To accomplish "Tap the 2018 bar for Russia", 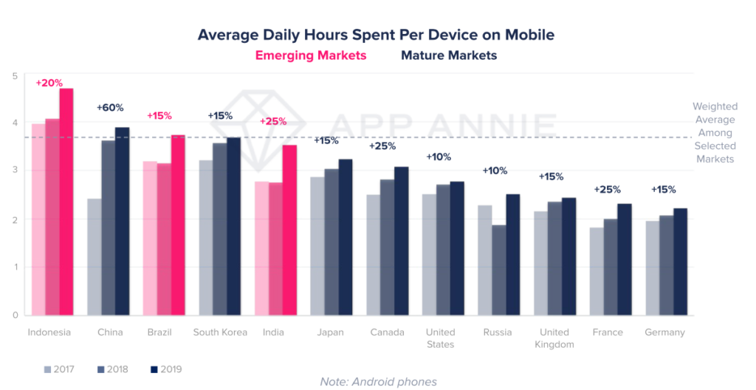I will [499, 270].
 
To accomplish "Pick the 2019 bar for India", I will [289, 230].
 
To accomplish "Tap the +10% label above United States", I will [439, 157].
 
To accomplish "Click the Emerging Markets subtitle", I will [311, 55].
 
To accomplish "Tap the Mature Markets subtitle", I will [448, 55].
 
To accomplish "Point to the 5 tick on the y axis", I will [15, 75].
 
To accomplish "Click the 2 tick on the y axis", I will [15, 219].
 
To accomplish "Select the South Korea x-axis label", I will [220, 332].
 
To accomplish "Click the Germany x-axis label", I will [664, 332].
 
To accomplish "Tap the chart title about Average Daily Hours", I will [376, 35].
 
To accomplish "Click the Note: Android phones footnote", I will [378, 382].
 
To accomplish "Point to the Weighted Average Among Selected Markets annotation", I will [714, 133].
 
